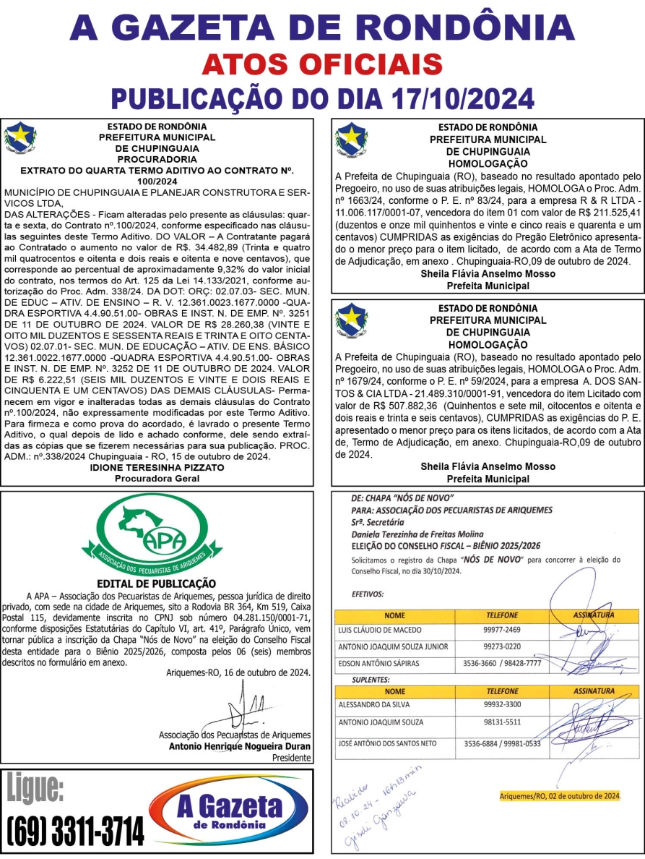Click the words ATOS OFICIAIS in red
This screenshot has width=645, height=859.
coord(322,64)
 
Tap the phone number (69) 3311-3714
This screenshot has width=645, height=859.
coord(75,832)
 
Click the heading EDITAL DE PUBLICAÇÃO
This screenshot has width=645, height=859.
coord(156,583)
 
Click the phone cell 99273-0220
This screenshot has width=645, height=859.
coord(503,646)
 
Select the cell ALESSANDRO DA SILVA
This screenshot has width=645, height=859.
coord(373,704)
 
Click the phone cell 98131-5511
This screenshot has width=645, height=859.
coord(503,722)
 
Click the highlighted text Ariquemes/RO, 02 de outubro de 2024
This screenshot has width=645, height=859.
coord(560,796)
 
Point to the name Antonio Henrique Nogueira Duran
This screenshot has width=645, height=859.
coord(240,746)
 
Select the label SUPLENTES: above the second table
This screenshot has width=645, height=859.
coord(370,680)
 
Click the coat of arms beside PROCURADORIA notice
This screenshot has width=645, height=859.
coord(20,138)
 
